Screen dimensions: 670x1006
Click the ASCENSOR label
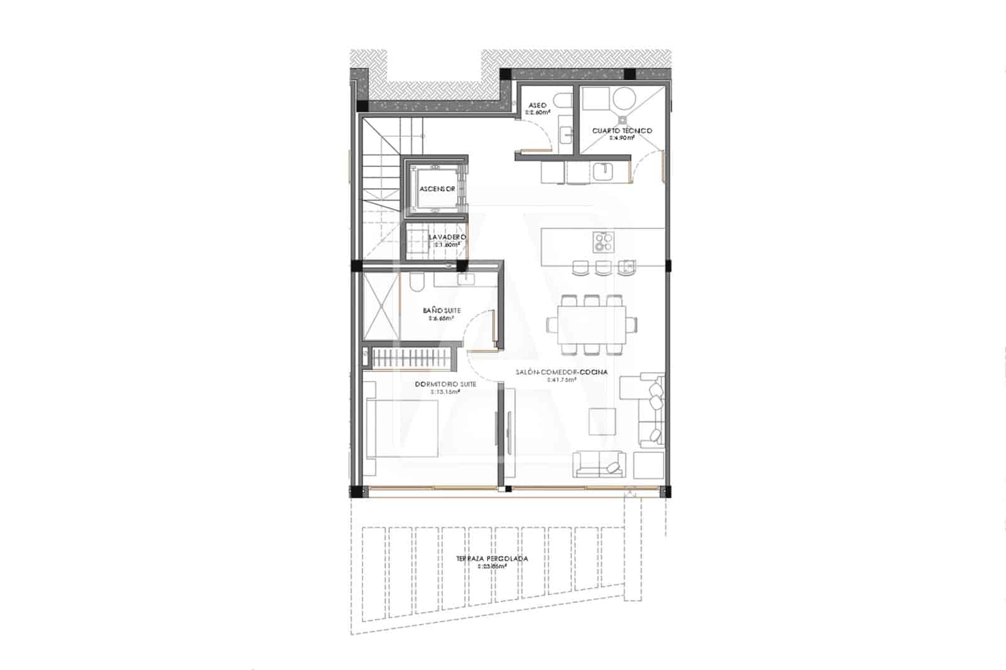point(437,189)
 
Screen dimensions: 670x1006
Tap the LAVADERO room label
point(447,237)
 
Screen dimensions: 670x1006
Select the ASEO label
point(538,105)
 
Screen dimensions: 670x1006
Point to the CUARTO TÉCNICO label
point(622,131)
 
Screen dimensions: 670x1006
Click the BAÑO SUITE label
point(441,310)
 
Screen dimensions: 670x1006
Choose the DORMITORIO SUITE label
point(445,384)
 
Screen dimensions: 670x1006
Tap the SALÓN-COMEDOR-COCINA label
point(561,372)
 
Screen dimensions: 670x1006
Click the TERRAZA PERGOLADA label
point(492,558)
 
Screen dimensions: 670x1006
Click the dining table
point(592,324)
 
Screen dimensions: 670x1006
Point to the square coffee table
point(602,421)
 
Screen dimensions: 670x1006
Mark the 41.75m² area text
point(561,380)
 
